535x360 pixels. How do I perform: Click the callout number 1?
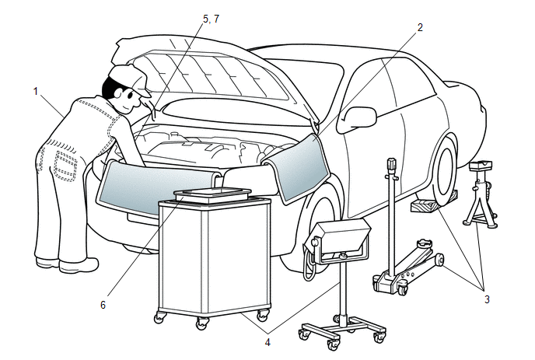(36, 91)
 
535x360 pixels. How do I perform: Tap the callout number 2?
(420, 27)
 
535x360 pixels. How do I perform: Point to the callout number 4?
(267, 340)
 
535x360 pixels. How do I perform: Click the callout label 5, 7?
(211, 19)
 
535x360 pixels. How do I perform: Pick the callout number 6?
(102, 305)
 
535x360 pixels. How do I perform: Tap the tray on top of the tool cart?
(212, 194)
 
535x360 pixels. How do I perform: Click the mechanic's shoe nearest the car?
(79, 265)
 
